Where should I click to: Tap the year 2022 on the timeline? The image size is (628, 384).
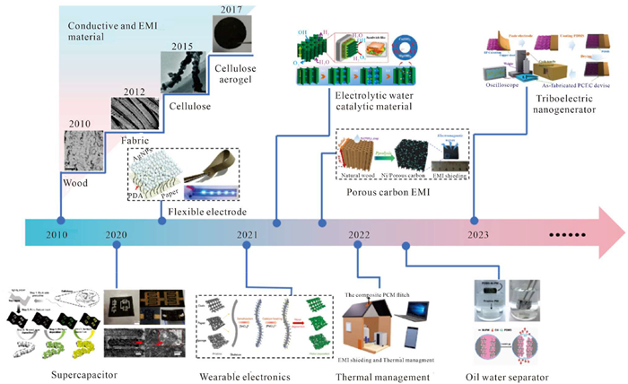tap(361, 234)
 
